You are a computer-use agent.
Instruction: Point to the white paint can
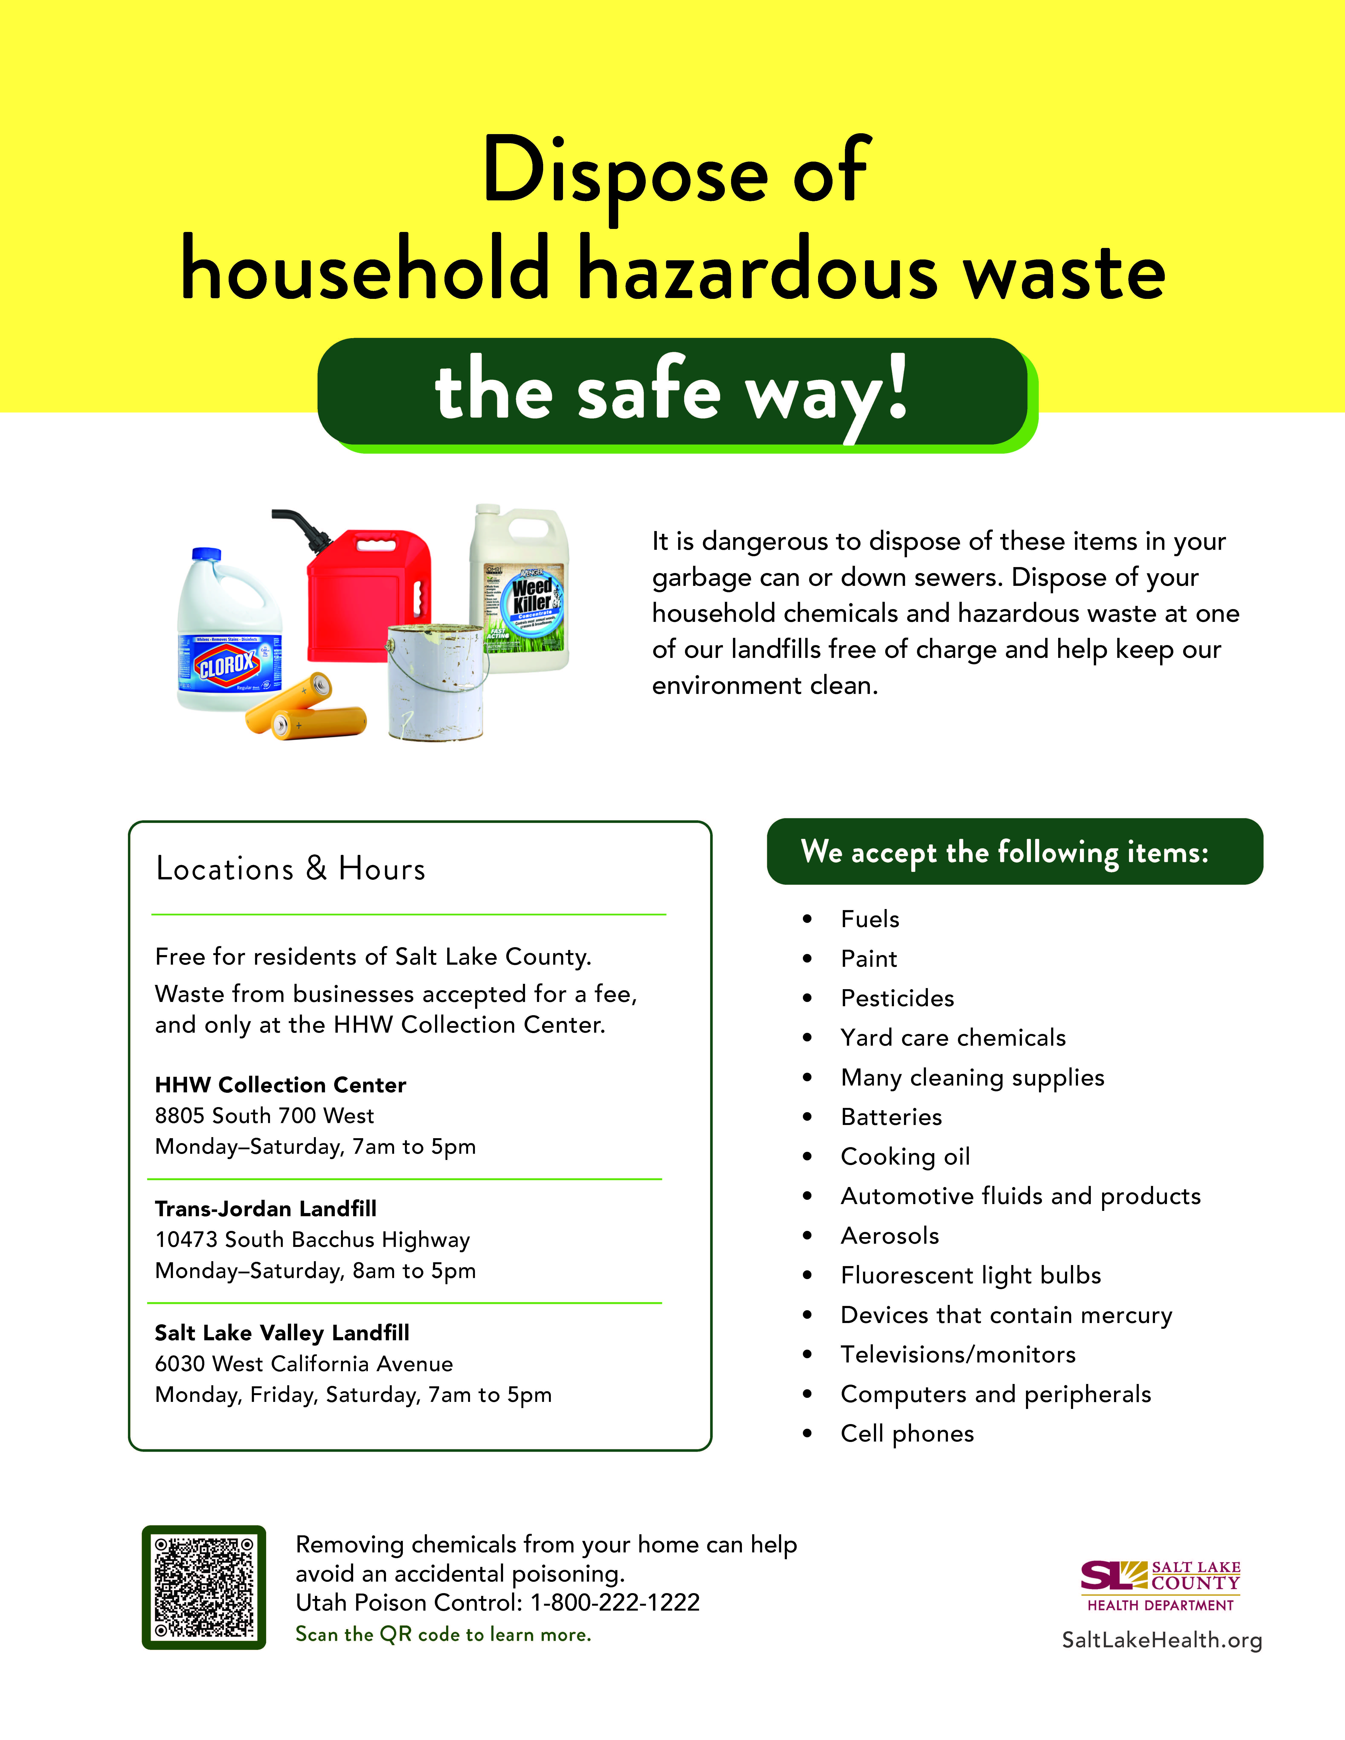coord(436,685)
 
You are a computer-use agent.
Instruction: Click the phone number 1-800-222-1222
coord(614,1602)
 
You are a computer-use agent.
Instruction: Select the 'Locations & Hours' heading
coord(291,869)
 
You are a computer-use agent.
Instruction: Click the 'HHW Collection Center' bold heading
coord(280,1084)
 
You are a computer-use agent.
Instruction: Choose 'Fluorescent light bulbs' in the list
coord(971,1275)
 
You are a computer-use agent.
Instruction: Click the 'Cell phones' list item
coord(907,1433)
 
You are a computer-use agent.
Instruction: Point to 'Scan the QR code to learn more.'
coord(443,1634)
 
